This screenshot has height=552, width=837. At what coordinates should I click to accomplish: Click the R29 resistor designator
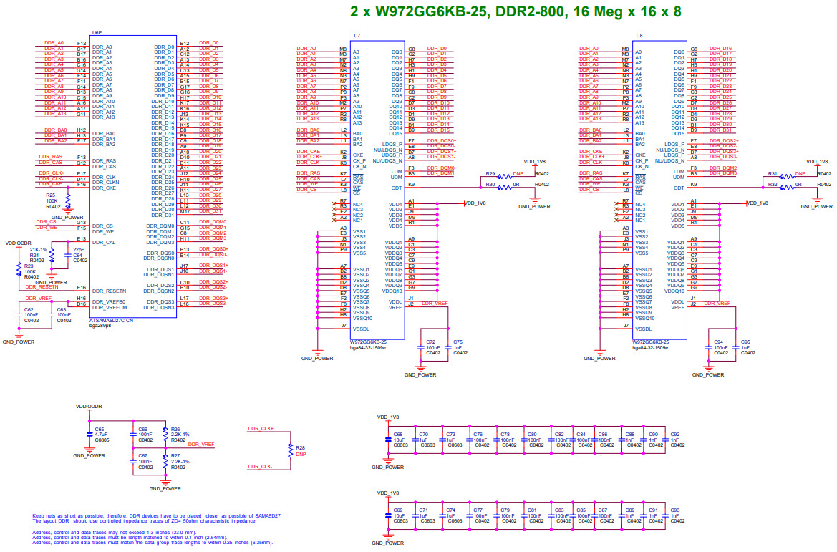(490, 174)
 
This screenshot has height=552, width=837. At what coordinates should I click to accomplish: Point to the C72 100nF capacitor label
(431, 347)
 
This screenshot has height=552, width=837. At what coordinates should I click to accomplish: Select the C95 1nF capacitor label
(746, 347)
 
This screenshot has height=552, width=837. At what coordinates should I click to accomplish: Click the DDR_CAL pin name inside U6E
(102, 242)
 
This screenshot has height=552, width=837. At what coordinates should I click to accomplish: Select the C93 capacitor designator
(674, 510)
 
